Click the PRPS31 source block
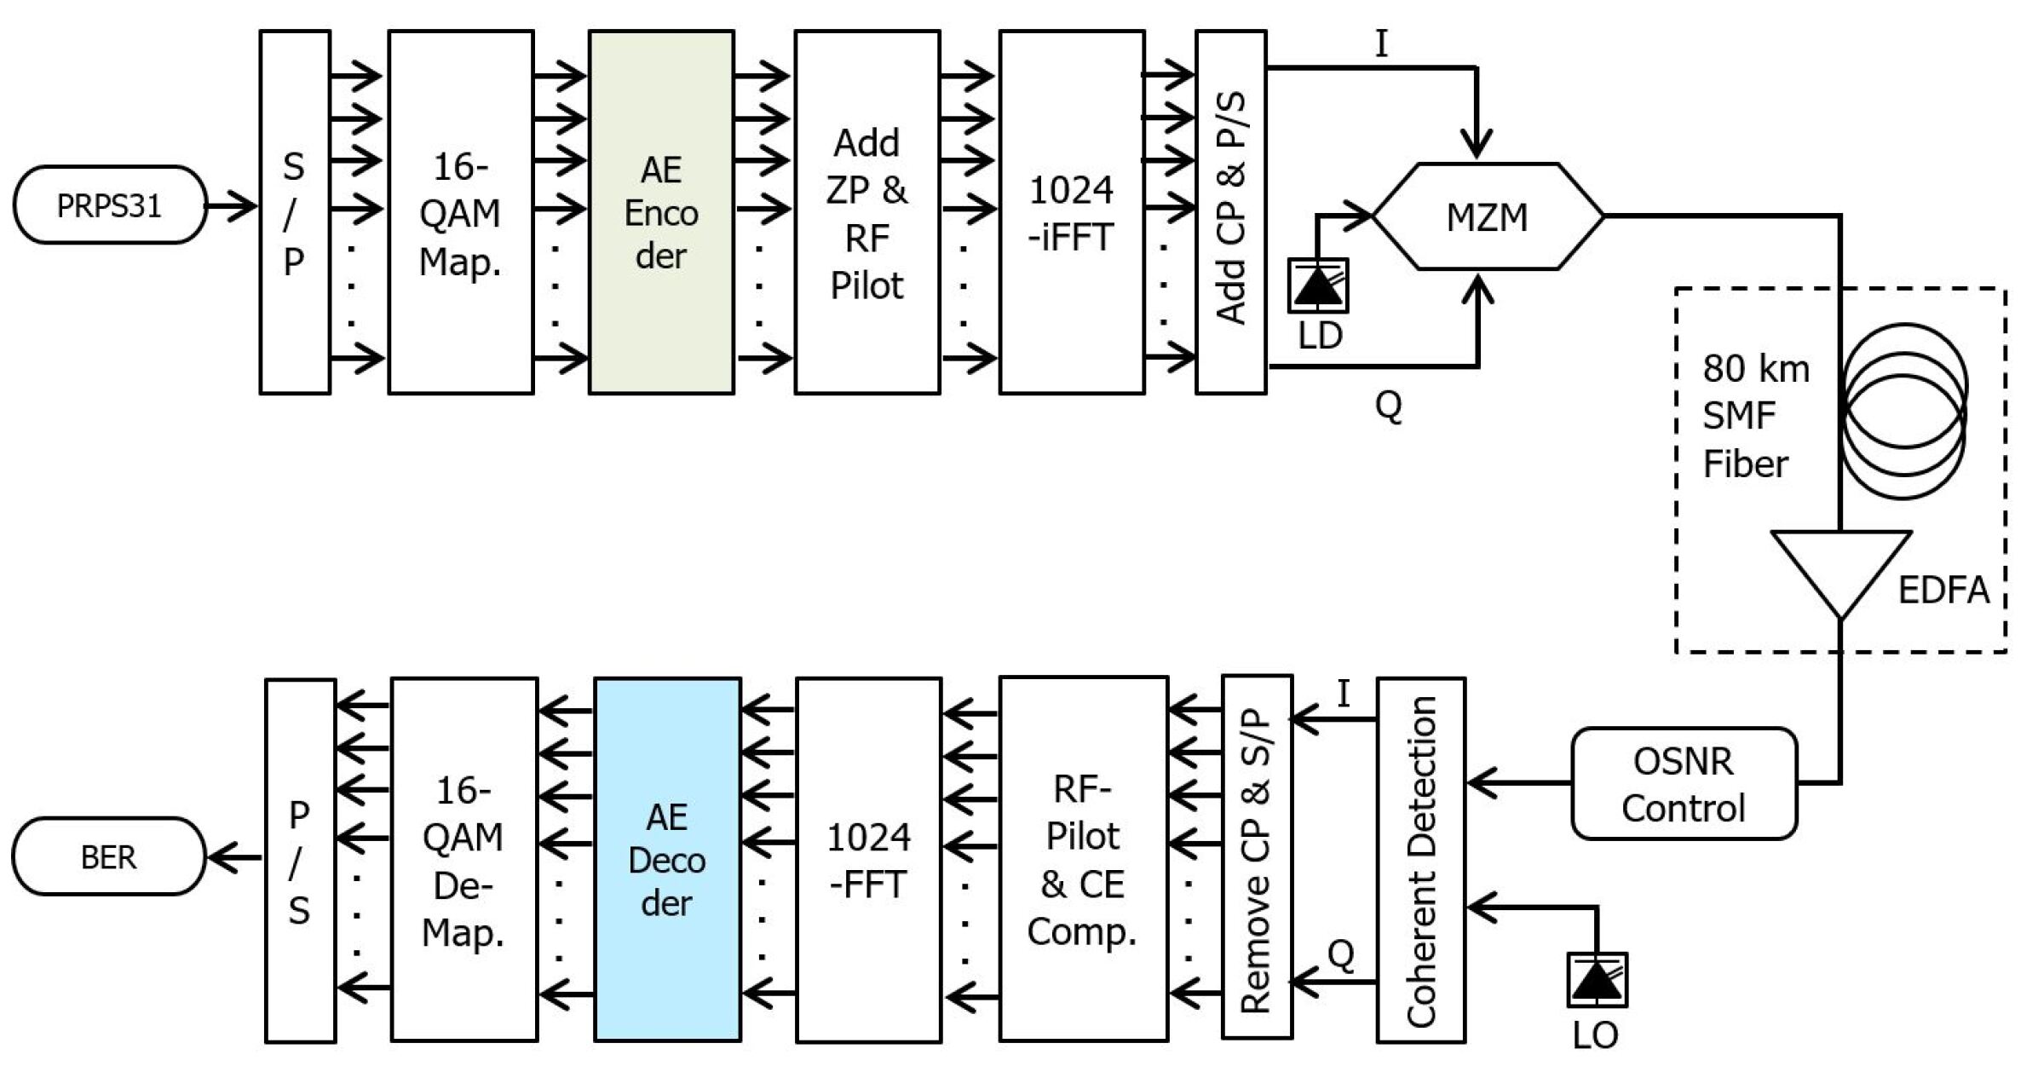coord(110,205)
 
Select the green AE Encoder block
coord(661,212)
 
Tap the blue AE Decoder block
coord(667,859)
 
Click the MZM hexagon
coord(1488,216)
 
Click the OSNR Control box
coord(1684,783)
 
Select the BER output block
coord(109,856)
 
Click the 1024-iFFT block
coord(1072,212)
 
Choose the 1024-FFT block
coord(869,859)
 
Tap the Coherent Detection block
coord(1421,859)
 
